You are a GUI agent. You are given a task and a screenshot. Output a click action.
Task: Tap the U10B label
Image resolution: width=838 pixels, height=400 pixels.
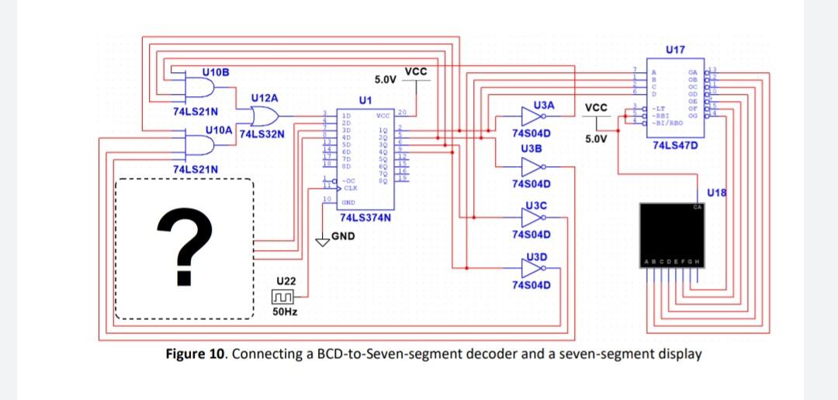coord(216,72)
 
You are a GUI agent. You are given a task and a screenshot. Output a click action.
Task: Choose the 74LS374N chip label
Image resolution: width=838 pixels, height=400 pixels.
coord(364,217)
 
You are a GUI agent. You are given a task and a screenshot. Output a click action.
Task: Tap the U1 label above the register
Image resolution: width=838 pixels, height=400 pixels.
coord(365,100)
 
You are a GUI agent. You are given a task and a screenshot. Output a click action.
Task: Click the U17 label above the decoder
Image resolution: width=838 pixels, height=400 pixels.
coord(675,50)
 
